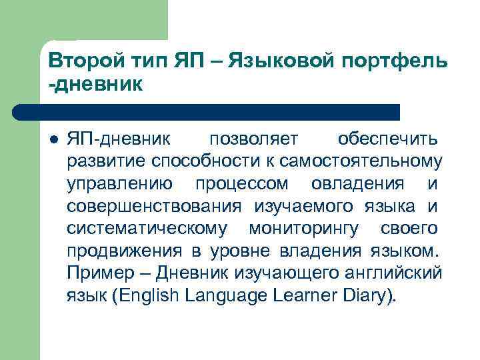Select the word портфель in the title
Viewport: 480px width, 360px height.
point(398,61)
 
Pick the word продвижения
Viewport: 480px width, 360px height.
point(124,251)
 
